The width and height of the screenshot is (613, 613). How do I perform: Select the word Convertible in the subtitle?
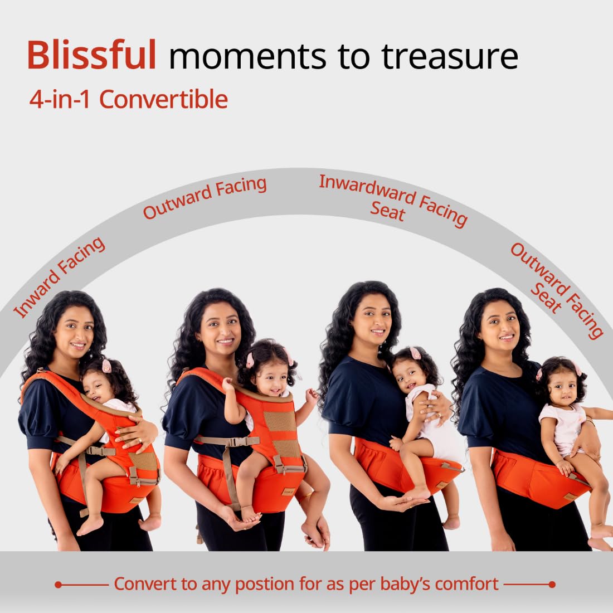(x=163, y=99)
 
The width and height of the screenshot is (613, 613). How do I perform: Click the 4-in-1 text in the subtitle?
(x=60, y=99)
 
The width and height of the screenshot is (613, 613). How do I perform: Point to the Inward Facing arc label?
(x=59, y=277)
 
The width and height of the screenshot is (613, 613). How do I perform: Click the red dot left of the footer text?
(x=59, y=585)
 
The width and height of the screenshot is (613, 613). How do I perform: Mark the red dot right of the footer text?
(x=552, y=585)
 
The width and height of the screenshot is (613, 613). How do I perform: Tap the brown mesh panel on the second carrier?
(x=280, y=421)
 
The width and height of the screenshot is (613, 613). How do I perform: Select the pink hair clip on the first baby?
(x=106, y=366)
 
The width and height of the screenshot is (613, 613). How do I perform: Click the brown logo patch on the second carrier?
(x=289, y=491)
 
